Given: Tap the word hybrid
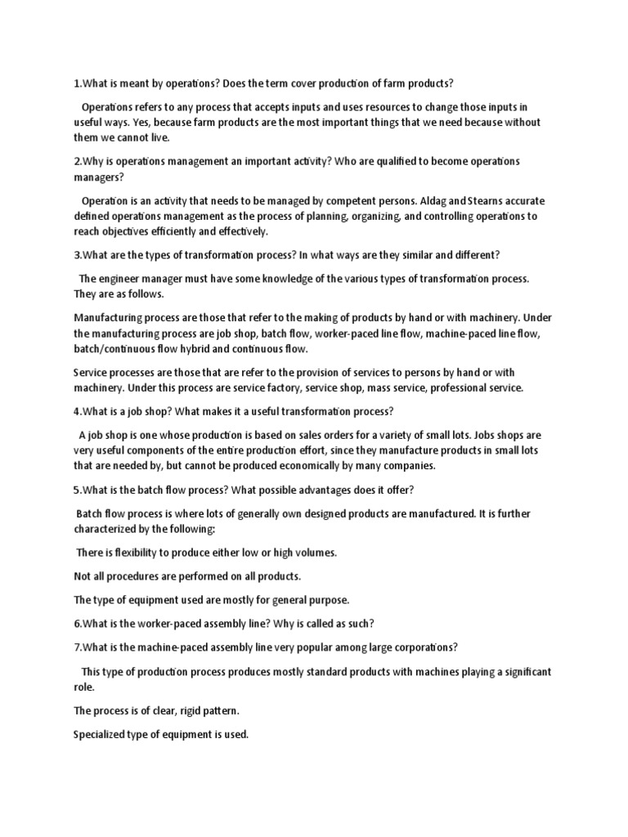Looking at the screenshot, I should click(x=213, y=349).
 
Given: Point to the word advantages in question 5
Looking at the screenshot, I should click(x=313, y=490).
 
